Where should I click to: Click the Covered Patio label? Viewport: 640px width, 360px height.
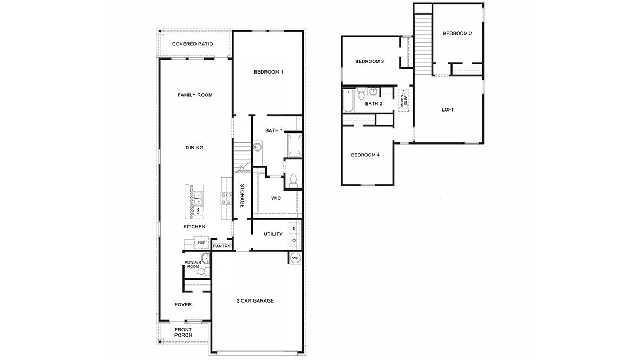(192, 44)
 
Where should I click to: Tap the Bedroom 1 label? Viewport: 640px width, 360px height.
(269, 72)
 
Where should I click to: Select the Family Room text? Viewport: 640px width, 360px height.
(195, 95)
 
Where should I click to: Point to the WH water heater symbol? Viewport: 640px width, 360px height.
(295, 258)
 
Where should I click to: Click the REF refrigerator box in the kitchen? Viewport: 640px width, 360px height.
(201, 243)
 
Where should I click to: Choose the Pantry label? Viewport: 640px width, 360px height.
(222, 246)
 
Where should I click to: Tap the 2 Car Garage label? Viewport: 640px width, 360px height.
(255, 300)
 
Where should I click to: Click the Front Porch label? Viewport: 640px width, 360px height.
(183, 332)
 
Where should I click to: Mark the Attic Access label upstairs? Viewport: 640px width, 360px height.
(402, 99)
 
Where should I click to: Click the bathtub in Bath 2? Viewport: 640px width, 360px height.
(348, 101)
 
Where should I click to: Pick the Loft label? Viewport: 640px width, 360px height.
(448, 110)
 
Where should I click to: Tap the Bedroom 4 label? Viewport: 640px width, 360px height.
(365, 155)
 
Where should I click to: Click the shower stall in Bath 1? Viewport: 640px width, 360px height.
(293, 145)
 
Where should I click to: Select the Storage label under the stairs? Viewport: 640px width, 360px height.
(243, 196)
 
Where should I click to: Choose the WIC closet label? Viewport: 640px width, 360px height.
(276, 198)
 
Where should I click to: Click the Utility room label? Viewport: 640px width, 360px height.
(273, 234)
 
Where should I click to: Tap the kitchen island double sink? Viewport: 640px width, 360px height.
(199, 198)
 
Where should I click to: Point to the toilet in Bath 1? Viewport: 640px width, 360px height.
(293, 180)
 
